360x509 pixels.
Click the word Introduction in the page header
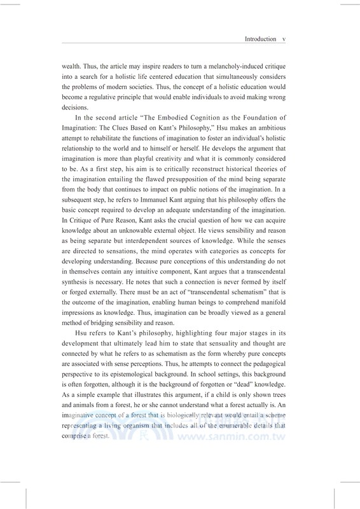[x=261, y=39]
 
